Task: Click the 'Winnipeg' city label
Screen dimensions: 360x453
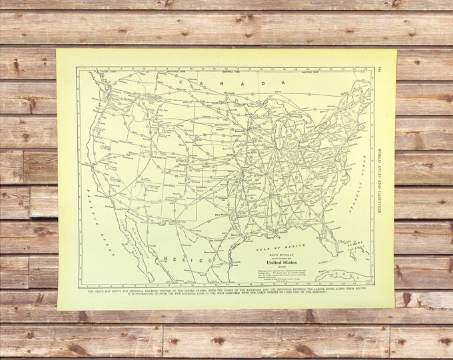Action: click(x=213, y=93)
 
